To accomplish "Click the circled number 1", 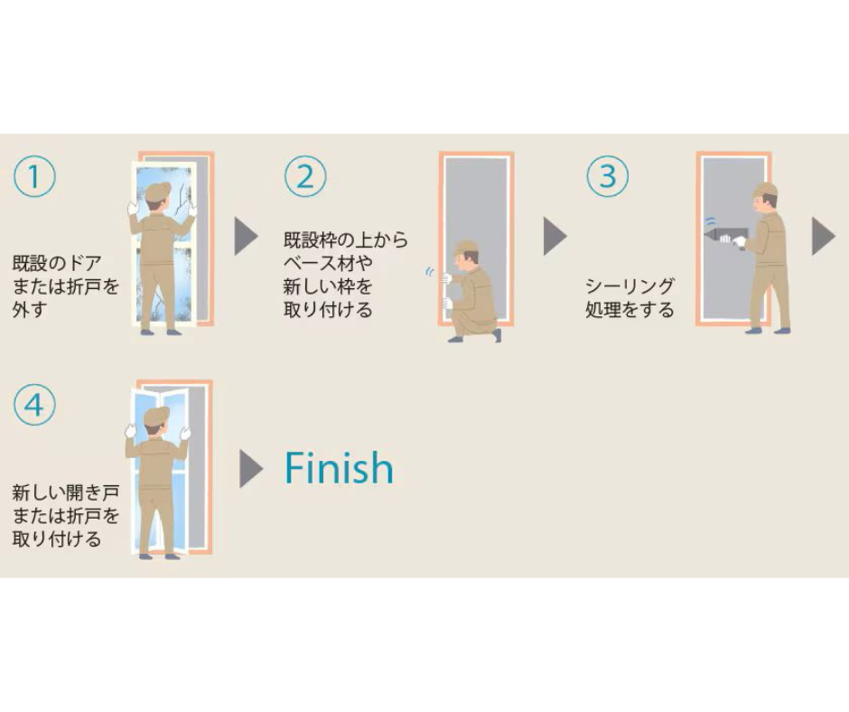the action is (x=34, y=176).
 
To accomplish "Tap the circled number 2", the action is (x=305, y=176).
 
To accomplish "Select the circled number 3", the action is (x=608, y=176).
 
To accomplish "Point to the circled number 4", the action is (x=34, y=405).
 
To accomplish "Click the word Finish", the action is (x=339, y=468).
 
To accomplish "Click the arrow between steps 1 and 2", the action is (x=246, y=236).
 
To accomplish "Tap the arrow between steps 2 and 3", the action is (x=555, y=236).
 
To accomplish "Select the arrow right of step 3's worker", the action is (x=824, y=236).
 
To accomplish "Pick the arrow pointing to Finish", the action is (x=251, y=469).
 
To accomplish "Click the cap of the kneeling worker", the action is (x=466, y=247).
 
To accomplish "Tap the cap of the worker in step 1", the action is (x=157, y=191).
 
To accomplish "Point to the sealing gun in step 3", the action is (x=723, y=236).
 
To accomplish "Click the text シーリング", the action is (x=630, y=286).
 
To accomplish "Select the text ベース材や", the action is (x=328, y=263).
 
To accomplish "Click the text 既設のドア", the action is (x=57, y=263).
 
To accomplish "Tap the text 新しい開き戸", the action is (x=66, y=492).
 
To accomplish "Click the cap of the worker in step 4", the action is (x=156, y=417).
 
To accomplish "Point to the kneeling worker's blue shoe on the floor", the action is (x=455, y=339).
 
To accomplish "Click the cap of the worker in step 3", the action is (x=766, y=190).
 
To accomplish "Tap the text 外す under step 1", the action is (x=30, y=310).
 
